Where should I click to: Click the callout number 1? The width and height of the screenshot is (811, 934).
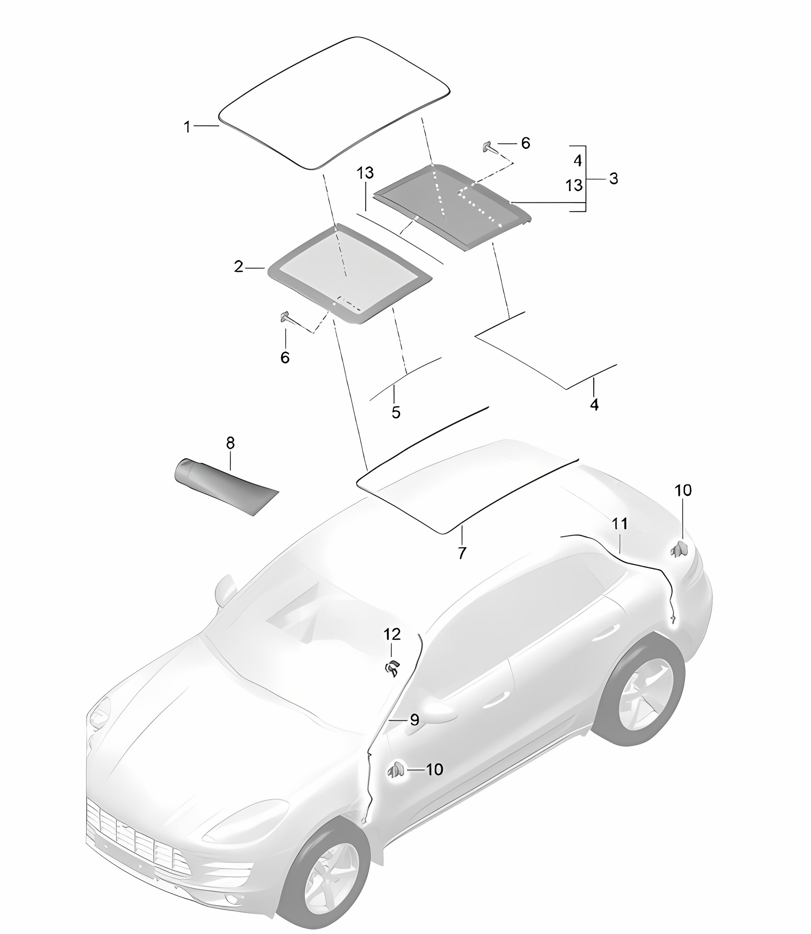[x=187, y=127]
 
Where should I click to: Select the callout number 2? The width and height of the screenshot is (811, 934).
[x=238, y=267]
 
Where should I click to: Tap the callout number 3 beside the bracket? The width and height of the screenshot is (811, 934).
[x=613, y=178]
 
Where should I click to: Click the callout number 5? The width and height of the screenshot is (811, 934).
[x=396, y=412]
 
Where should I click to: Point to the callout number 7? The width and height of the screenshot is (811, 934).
[x=462, y=552]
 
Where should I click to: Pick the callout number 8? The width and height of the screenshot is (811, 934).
[x=230, y=443]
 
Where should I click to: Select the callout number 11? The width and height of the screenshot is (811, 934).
[x=619, y=524]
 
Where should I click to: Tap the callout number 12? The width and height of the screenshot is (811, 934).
[x=392, y=635]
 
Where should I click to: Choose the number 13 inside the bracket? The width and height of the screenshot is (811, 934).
[x=574, y=185]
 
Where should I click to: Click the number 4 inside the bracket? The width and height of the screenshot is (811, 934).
[x=578, y=161]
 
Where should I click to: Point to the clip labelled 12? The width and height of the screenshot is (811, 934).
[x=392, y=668]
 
